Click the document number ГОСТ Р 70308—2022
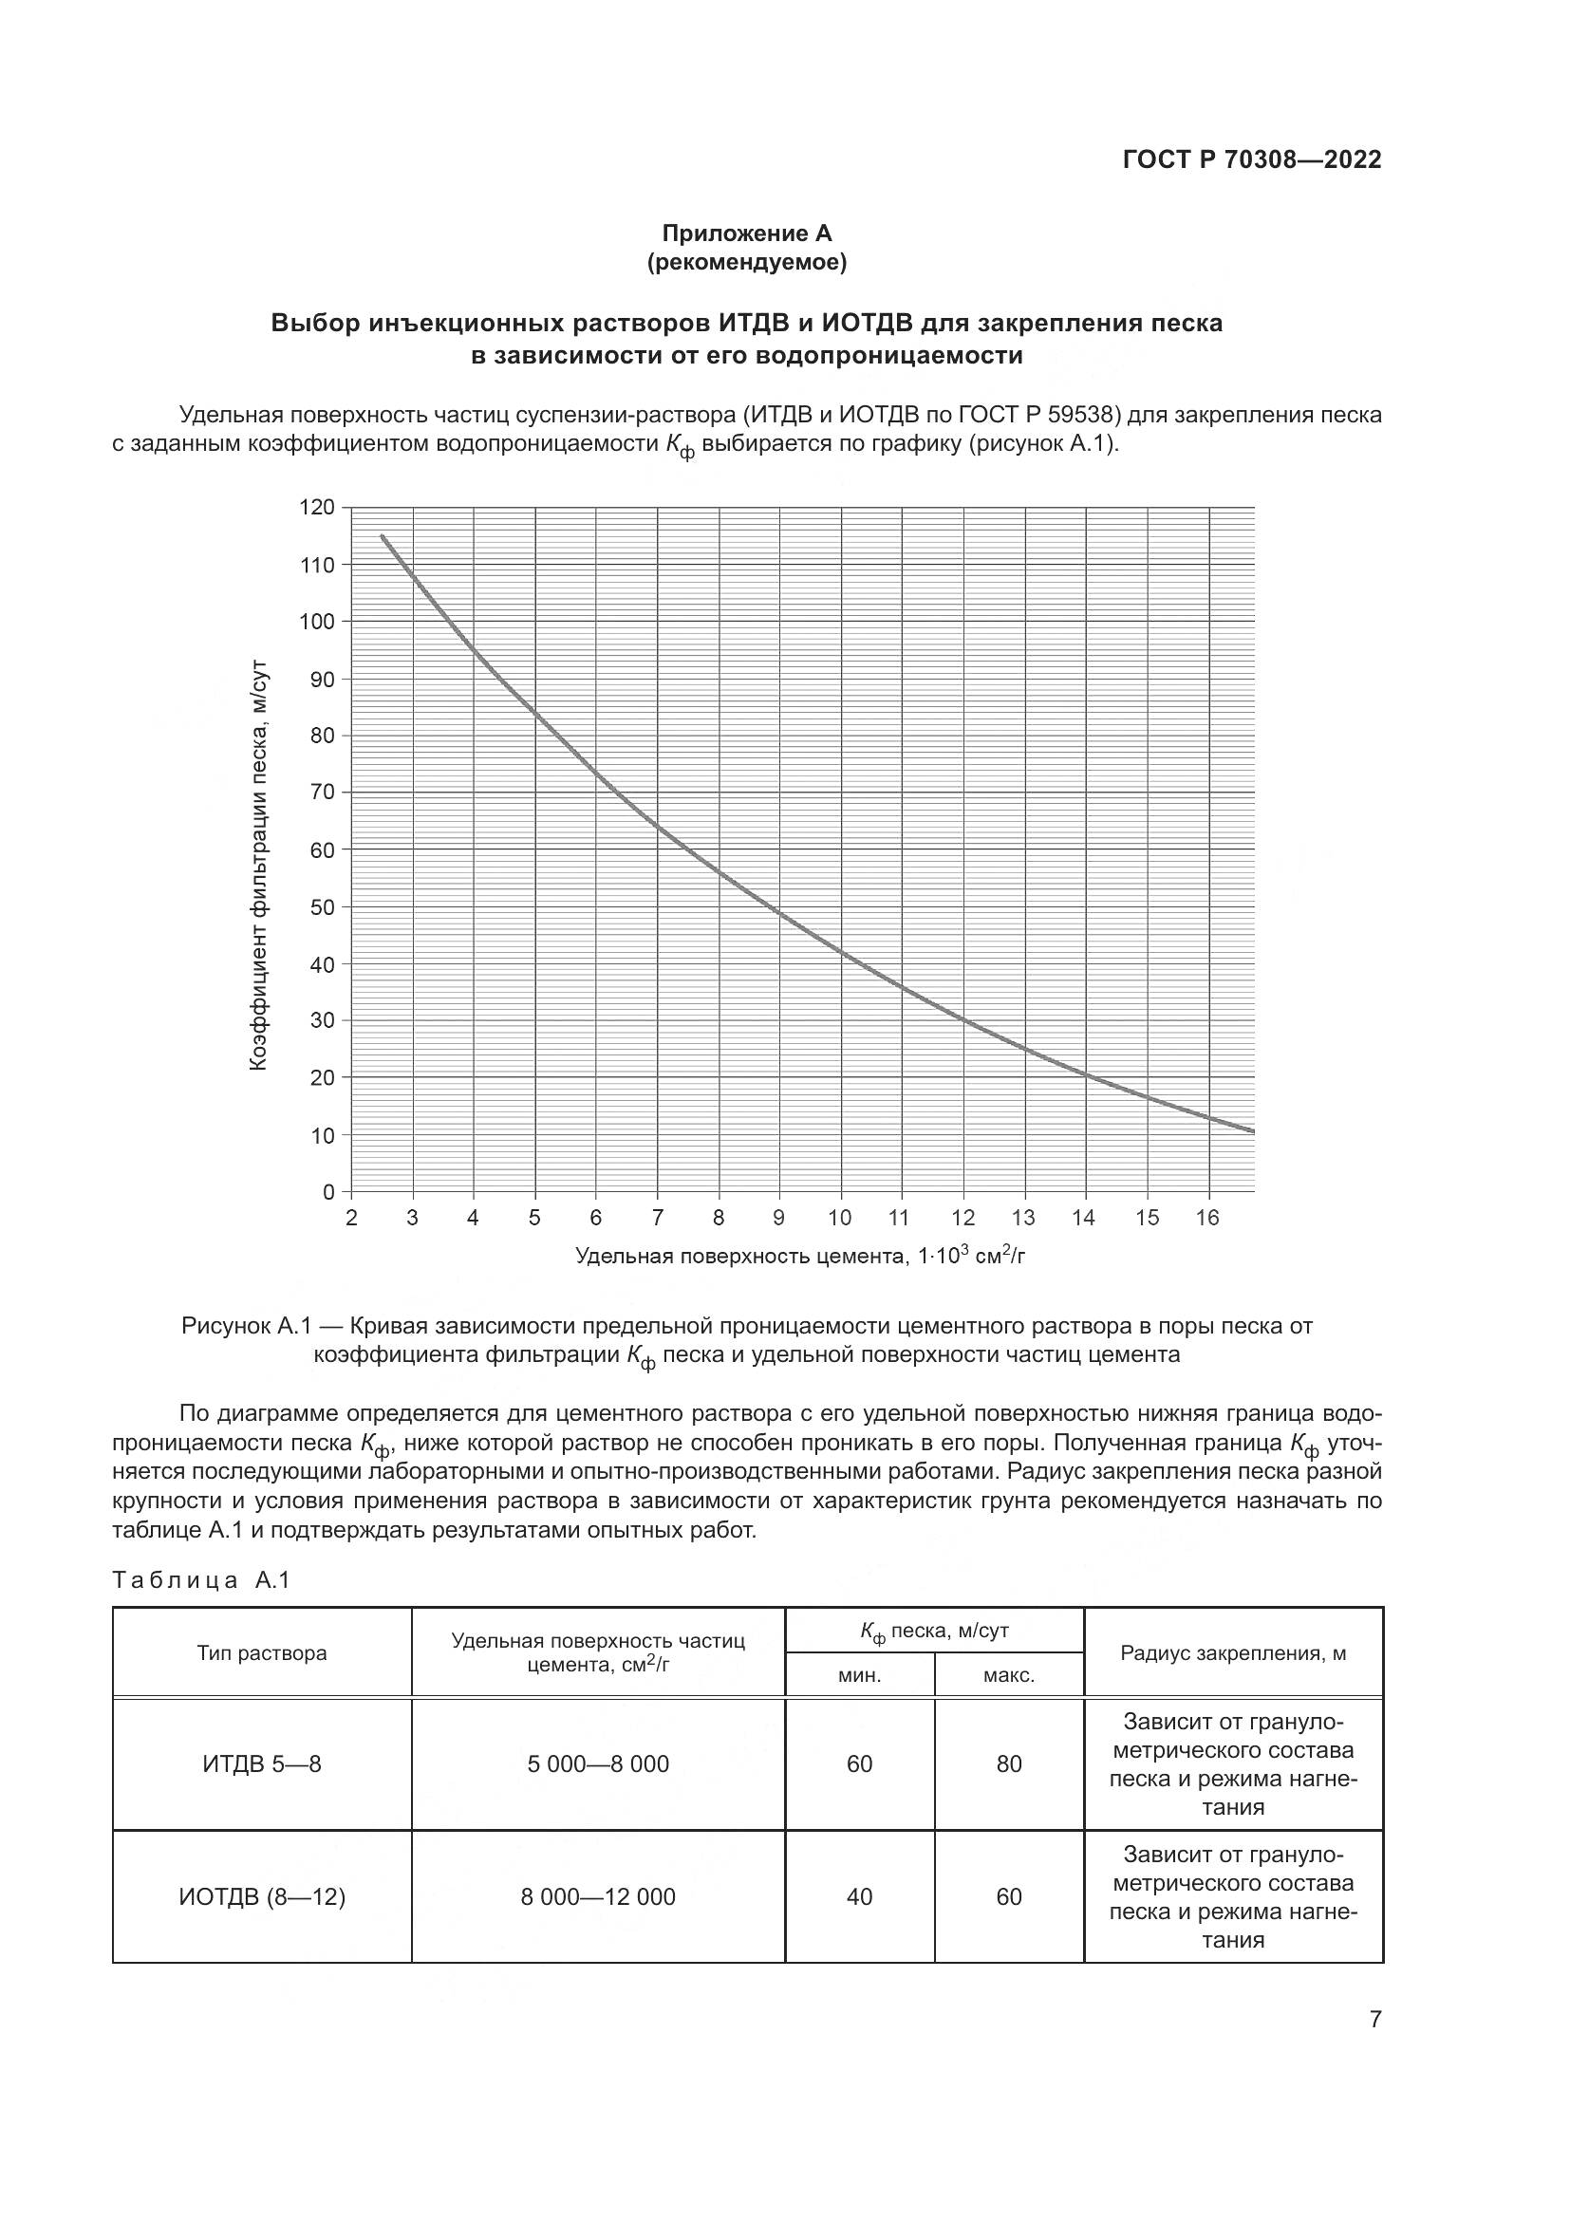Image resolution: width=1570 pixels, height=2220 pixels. tap(1251, 159)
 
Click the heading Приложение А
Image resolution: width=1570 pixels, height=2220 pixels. tap(746, 233)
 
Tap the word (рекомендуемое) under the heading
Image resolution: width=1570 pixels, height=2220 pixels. tap(746, 262)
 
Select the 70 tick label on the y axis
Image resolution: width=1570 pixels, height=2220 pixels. tap(322, 793)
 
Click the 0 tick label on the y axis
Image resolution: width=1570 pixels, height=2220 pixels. tap(328, 1192)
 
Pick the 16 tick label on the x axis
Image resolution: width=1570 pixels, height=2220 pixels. tap(1207, 1219)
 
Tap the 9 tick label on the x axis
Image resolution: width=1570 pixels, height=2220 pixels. tap(779, 1219)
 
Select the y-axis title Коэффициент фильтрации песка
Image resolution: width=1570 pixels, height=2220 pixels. tap(258, 866)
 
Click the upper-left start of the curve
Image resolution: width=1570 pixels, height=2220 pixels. tap(383, 536)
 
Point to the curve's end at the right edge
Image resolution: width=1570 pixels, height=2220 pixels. tap(1252, 1130)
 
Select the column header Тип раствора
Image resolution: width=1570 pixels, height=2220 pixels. tap(262, 1652)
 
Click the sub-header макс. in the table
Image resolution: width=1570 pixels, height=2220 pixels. tap(1008, 1675)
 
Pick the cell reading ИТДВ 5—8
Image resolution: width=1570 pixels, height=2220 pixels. tap(262, 1763)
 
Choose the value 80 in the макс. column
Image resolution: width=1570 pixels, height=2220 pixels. tap(1008, 1763)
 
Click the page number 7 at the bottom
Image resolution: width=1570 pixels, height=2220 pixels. tap(1374, 2019)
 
